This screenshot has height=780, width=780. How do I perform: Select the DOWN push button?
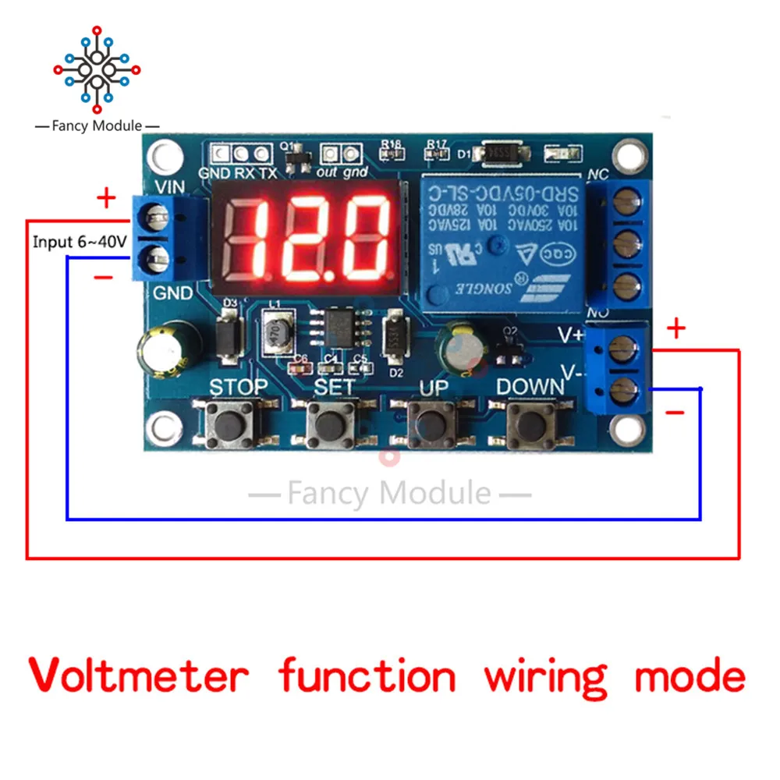click(531, 424)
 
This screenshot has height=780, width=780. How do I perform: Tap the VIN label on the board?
click(170, 187)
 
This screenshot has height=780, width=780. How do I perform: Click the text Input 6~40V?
click(80, 243)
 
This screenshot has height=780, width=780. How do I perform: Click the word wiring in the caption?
click(544, 675)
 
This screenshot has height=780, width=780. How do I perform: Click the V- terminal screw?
click(622, 388)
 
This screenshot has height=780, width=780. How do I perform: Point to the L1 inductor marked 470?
click(275, 331)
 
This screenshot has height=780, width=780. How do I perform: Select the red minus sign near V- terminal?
click(675, 411)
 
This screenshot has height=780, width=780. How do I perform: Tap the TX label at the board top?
click(268, 173)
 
